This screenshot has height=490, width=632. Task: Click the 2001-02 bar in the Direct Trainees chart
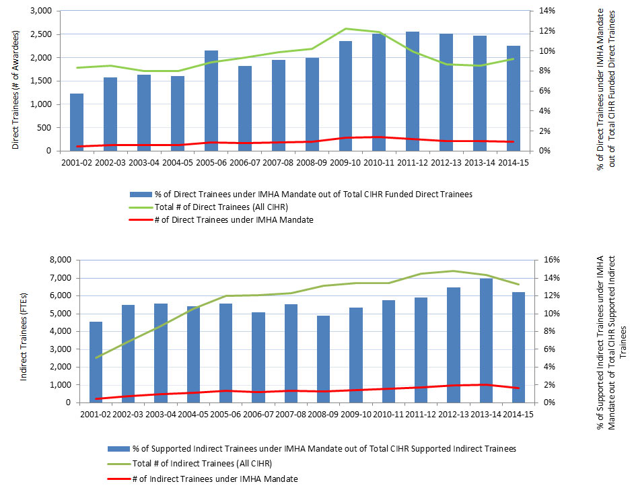pos(77,123)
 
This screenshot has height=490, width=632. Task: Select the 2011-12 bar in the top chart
pos(413,92)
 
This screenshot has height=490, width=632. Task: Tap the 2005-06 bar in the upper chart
pos(211,101)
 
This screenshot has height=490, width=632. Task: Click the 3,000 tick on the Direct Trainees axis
pos(41,11)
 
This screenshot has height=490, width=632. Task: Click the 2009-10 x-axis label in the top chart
pos(345,162)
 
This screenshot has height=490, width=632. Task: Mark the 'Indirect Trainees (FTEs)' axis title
pos(25,331)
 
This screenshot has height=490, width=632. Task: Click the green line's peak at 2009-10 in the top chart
pos(345,28)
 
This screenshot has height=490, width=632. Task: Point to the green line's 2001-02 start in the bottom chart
pos(96,358)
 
